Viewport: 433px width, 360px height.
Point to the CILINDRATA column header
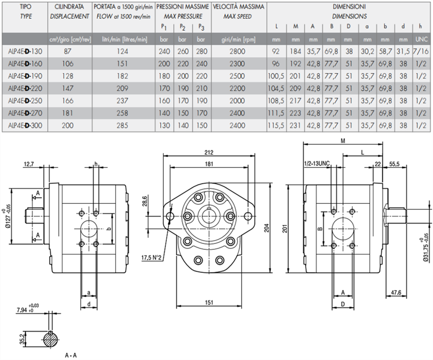tap(69, 7)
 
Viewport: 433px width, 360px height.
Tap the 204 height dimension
tap(278, 228)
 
